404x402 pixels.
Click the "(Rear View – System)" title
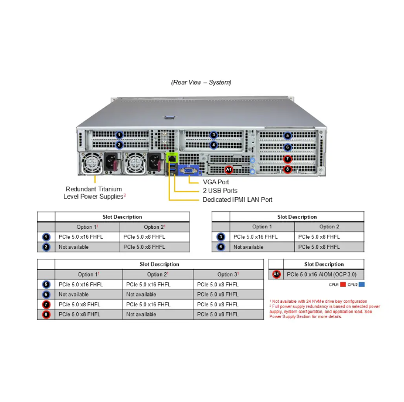[x=201, y=82]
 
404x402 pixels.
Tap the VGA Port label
[x=216, y=182]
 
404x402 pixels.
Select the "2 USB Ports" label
[x=220, y=191]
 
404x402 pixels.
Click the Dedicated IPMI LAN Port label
[x=237, y=200]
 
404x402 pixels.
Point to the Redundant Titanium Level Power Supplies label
[x=94, y=192]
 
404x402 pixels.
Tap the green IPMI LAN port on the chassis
[x=172, y=158]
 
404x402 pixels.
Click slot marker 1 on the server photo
[x=119, y=135]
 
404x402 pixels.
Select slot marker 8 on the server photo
[x=287, y=170]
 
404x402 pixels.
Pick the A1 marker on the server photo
[x=229, y=170]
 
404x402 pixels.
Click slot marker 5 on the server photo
[x=287, y=136]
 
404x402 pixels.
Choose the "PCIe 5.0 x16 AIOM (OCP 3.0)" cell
[x=321, y=274]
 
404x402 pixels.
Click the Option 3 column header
[x=228, y=274]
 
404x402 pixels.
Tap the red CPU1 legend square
[x=343, y=285]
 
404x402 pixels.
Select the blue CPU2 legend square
[x=362, y=285]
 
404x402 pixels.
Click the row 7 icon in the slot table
[x=46, y=305]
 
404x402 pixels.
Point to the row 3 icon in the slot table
[x=220, y=237]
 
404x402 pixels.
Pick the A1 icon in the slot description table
[x=276, y=274]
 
